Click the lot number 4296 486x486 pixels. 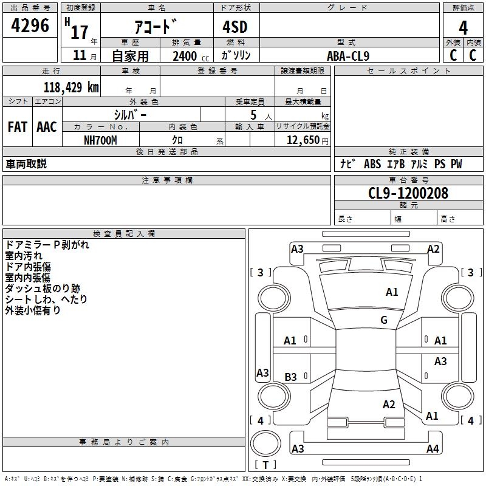(30, 26)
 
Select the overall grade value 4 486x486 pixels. (463, 27)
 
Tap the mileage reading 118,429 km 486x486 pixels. (71, 87)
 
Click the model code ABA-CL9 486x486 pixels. (348, 56)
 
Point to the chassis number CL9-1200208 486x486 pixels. (408, 193)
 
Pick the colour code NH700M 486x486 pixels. (100, 140)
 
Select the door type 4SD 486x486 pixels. (235, 27)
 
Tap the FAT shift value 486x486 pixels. (18, 127)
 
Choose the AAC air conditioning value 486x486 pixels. (47, 127)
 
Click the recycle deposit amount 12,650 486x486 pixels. (303, 140)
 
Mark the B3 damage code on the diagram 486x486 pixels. (290, 377)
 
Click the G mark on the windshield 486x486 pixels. (384, 320)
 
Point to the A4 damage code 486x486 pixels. (433, 448)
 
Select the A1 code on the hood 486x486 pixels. (392, 292)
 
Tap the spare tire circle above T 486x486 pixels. (265, 443)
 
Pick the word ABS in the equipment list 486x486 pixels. (372, 164)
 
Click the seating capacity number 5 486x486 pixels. (253, 115)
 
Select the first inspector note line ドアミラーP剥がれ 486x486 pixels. (47, 245)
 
